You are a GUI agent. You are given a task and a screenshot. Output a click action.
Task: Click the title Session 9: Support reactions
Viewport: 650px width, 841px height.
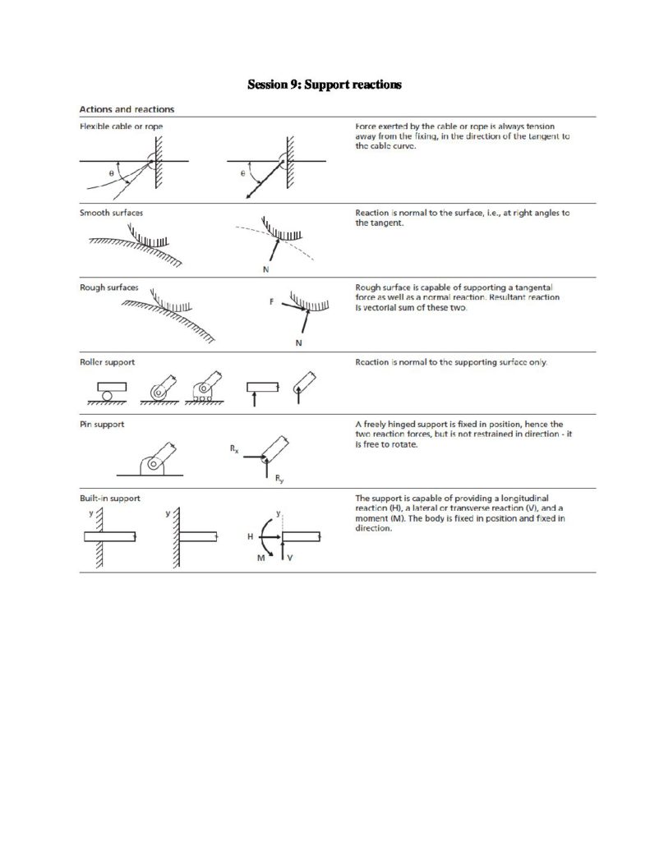pyautogui.click(x=325, y=85)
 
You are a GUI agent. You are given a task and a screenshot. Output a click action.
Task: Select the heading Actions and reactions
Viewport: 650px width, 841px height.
pyautogui.click(x=126, y=110)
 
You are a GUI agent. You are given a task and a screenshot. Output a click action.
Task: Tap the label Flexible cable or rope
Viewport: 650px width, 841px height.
pyautogui.click(x=121, y=127)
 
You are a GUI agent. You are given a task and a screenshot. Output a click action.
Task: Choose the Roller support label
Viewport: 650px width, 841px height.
pyautogui.click(x=107, y=361)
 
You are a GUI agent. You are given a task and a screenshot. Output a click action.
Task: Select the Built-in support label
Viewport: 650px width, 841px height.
pyautogui.click(x=109, y=498)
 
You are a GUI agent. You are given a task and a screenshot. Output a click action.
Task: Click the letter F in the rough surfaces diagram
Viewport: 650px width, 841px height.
pyautogui.click(x=270, y=302)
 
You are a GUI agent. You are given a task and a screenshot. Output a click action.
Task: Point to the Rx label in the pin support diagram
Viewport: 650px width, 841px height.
pyautogui.click(x=235, y=449)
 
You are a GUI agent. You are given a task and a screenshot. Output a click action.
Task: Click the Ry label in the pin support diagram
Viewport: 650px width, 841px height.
pyautogui.click(x=279, y=479)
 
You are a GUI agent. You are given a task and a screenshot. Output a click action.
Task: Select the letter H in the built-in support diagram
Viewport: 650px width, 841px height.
pyautogui.click(x=250, y=535)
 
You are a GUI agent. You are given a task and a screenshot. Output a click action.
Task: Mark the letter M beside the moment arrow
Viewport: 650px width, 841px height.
pyautogui.click(x=262, y=557)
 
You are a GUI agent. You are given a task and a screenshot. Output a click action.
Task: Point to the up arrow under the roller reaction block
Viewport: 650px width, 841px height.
pyautogui.click(x=255, y=399)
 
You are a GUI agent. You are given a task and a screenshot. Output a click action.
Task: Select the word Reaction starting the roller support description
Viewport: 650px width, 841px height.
pyautogui.click(x=372, y=362)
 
